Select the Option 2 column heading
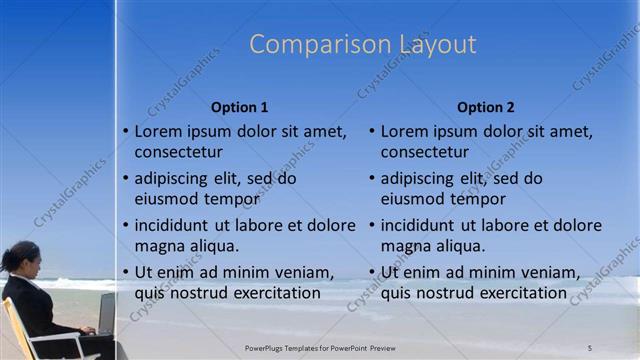pos(486,107)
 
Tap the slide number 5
pos(590,347)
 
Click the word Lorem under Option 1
pos(159,131)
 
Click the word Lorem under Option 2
pos(405,131)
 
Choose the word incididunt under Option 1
pos(173,225)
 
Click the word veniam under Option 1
pos(301,272)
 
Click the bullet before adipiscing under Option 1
pos(126,179)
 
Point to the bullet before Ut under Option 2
pos(372,273)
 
